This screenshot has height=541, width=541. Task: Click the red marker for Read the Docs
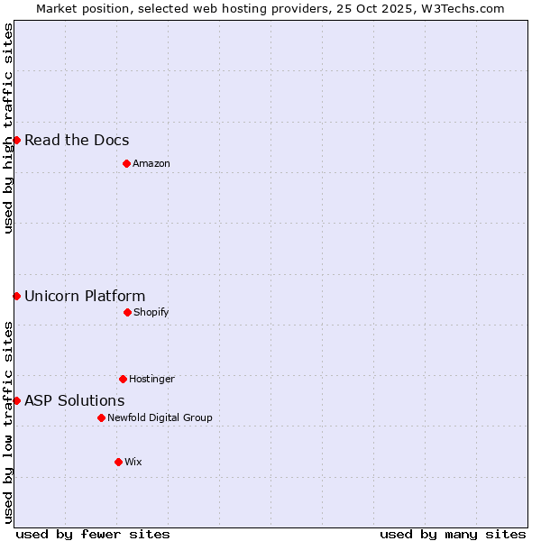16,140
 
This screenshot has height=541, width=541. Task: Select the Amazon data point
126,163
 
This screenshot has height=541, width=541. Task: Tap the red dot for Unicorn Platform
16,296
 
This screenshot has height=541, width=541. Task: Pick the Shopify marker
127,312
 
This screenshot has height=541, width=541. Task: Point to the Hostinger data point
123,379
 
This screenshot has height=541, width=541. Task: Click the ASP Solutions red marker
16,400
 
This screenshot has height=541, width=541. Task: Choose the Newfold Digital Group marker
101,417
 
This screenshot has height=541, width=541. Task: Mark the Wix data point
118,462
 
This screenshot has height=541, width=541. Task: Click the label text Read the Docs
77,140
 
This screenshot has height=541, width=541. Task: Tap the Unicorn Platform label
85,296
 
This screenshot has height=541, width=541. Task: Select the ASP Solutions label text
75,400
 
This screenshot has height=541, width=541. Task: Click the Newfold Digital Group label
160,417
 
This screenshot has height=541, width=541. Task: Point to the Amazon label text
151,163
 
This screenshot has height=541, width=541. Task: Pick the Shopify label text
151,312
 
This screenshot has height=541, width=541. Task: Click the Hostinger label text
151,379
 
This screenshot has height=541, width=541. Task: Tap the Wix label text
133,462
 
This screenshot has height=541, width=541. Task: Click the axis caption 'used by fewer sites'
93,534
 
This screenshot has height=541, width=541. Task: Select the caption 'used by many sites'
453,534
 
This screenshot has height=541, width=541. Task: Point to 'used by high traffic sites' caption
8,128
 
